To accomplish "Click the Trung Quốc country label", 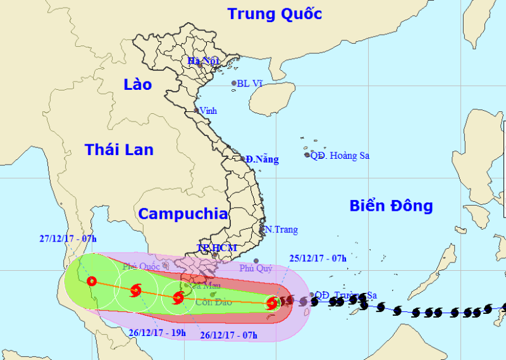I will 275,14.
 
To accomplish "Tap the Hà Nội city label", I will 202,61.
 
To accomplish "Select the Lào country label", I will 138,84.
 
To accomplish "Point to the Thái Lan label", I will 119,149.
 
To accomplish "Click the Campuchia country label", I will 183,214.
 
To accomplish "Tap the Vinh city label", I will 207,111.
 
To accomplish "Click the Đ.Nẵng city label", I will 262,159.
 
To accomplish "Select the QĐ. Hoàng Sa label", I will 340,156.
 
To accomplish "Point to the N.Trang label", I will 281,230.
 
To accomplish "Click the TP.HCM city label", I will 216,247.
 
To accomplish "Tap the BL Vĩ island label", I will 249,83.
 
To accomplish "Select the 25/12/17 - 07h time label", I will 318,258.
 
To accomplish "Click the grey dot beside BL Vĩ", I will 234,83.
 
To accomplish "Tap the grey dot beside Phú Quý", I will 256,261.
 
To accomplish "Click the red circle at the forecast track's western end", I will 92,282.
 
